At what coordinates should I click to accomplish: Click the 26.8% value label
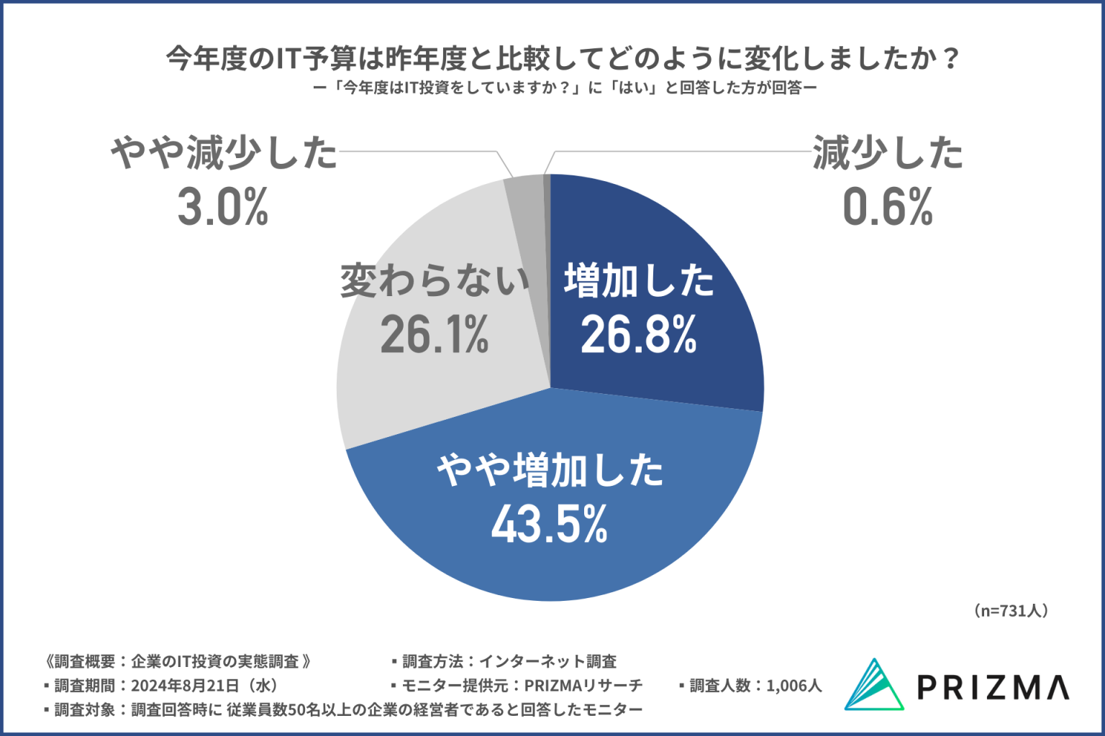[639, 335]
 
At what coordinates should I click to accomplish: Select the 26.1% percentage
[435, 335]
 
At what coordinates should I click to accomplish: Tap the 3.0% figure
[223, 207]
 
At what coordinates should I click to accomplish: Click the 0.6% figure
[888, 207]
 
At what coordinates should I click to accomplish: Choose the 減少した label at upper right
[888, 153]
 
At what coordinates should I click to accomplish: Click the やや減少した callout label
[223, 153]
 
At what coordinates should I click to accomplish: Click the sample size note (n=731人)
[1011, 611]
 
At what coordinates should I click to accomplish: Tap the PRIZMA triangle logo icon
[873, 685]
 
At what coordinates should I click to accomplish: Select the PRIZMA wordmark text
[993, 687]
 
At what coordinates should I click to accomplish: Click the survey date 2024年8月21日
[184, 686]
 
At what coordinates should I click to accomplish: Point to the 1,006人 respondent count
[793, 686]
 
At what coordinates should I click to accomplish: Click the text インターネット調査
[547, 661]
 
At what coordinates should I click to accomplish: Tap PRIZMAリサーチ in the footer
[583, 686]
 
